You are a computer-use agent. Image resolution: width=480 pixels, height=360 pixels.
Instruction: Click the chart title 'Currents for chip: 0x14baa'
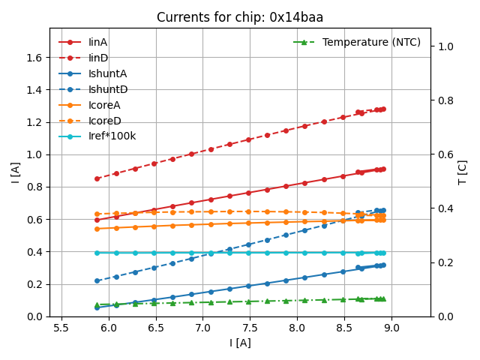(x=241, y=17)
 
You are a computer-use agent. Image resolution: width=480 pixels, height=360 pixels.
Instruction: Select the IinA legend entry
(x=98, y=42)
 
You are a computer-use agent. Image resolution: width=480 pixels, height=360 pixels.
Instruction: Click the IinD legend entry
(x=98, y=58)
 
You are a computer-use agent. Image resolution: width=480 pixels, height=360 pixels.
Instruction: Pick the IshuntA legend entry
(x=107, y=73)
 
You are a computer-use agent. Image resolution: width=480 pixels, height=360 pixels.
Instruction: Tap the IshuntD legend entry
(x=107, y=89)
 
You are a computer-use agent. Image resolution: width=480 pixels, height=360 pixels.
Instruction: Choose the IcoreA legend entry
(x=104, y=105)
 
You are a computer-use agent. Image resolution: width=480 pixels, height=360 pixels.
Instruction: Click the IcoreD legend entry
(x=104, y=121)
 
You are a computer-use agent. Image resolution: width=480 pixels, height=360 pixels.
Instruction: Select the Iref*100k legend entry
(x=112, y=136)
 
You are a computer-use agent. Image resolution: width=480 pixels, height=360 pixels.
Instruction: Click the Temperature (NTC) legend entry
(x=371, y=42)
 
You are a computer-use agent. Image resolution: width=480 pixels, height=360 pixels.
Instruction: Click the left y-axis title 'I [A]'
(x=15, y=172)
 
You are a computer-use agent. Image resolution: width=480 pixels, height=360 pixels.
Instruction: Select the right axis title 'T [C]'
(x=463, y=172)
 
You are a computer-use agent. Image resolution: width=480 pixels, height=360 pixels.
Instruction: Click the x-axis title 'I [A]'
(x=241, y=343)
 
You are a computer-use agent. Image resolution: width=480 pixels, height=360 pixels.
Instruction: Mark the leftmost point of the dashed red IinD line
(x=97, y=178)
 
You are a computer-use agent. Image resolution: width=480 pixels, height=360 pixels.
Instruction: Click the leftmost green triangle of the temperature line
(x=97, y=305)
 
